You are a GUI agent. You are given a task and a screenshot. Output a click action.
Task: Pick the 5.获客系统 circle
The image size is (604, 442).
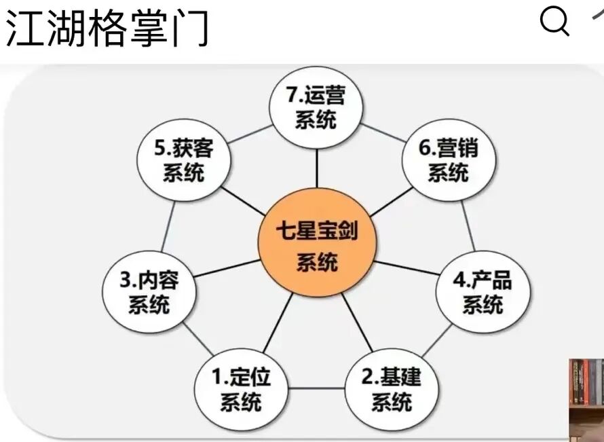click(184, 160)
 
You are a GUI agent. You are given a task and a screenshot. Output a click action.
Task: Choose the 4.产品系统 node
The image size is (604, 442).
click(483, 292)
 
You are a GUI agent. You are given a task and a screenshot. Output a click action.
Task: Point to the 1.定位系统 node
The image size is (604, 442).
click(242, 390)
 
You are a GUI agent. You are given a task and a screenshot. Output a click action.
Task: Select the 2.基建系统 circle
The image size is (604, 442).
click(391, 390)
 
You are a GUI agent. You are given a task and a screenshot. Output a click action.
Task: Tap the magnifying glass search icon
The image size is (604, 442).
click(554, 22)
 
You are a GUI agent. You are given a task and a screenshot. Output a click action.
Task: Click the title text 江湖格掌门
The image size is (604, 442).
click(107, 29)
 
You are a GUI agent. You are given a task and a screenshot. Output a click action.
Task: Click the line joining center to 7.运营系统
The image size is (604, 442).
click(316, 170)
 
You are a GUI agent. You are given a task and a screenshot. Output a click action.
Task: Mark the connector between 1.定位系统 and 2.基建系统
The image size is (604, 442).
click(316, 390)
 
